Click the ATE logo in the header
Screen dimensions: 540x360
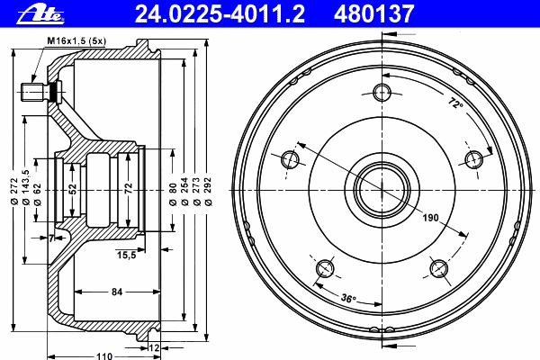pyautogui.click(x=40, y=14)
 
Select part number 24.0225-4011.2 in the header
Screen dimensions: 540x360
pyautogui.click(x=220, y=14)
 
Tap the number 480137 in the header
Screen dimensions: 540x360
pyautogui.click(x=373, y=14)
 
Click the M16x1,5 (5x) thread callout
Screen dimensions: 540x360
pyautogui.click(x=76, y=41)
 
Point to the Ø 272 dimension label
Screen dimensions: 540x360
pyautogui.click(x=14, y=192)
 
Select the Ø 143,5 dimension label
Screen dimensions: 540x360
pyautogui.click(x=26, y=188)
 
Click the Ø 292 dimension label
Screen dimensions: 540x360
pyautogui.click(x=208, y=192)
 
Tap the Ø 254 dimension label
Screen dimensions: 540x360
pyautogui.click(x=184, y=192)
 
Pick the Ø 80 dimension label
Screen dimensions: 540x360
pyautogui.click(x=173, y=194)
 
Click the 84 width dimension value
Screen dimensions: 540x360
pyautogui.click(x=117, y=292)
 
